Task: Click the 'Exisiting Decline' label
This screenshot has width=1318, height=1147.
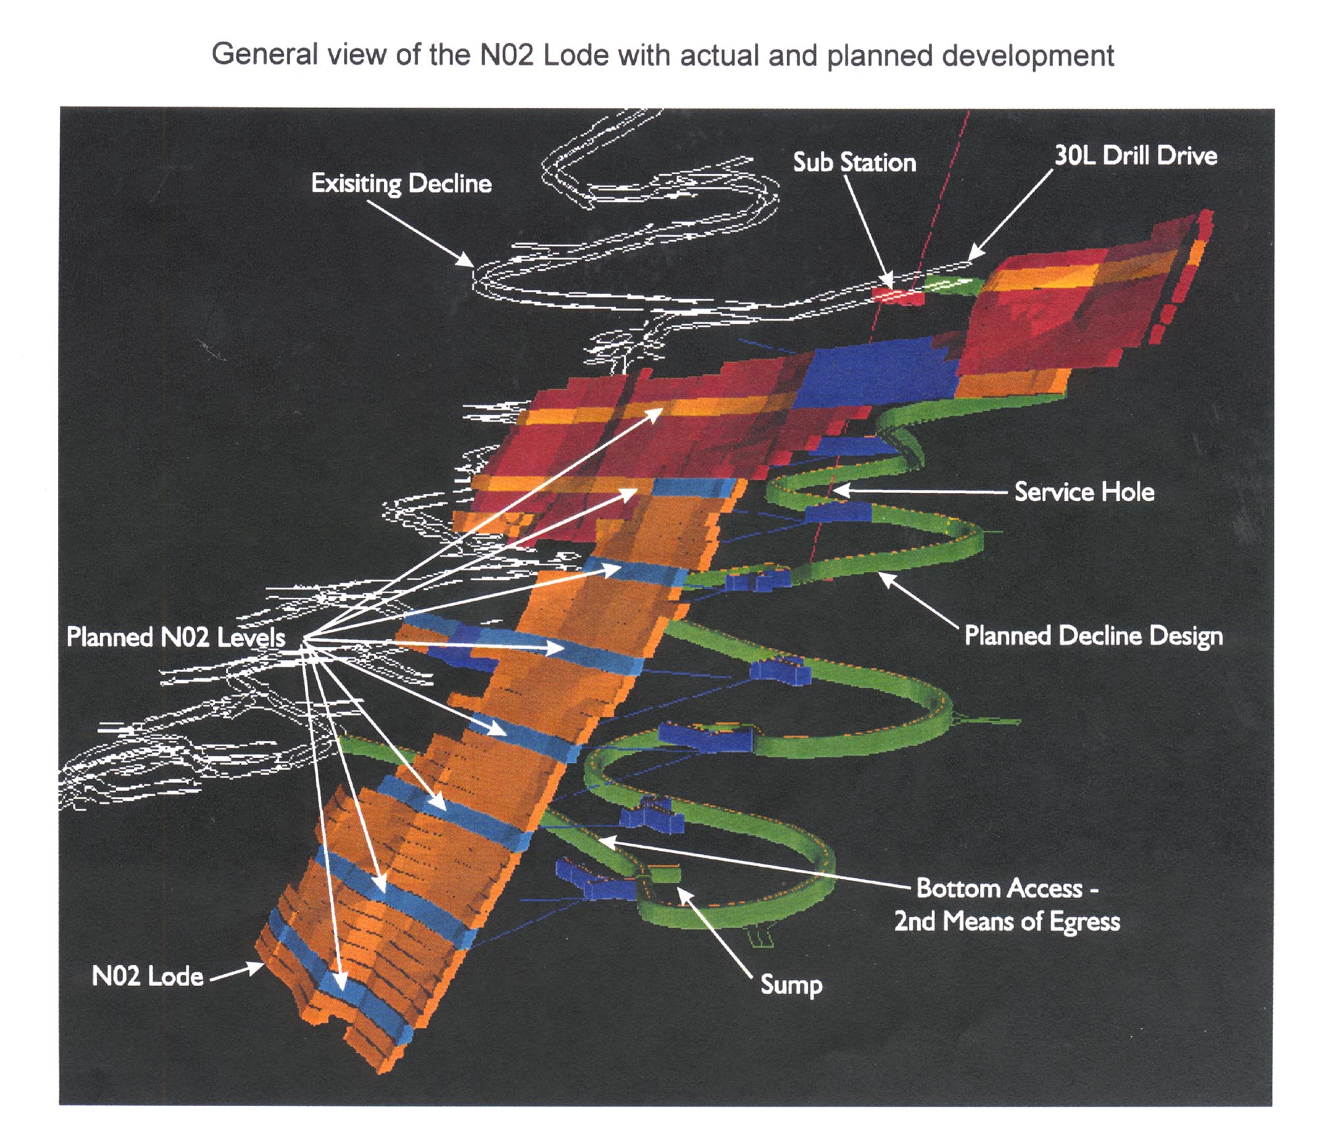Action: coord(401,183)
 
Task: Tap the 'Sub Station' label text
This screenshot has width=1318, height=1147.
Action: coord(854,162)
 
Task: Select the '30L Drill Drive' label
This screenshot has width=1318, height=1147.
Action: coord(1135,156)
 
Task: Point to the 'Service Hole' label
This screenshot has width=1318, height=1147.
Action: coord(1084,492)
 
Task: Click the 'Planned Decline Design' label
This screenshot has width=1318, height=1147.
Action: coord(1093,635)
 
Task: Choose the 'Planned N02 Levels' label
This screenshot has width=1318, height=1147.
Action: coord(176,637)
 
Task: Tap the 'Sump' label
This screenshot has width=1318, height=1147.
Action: coord(791,985)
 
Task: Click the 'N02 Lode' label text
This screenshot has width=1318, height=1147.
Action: coord(148,976)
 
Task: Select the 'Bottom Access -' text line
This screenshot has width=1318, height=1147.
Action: coord(1007,889)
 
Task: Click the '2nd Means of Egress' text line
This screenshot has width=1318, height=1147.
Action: coord(1007,922)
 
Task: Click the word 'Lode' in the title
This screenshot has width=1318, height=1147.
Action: coord(575,55)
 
